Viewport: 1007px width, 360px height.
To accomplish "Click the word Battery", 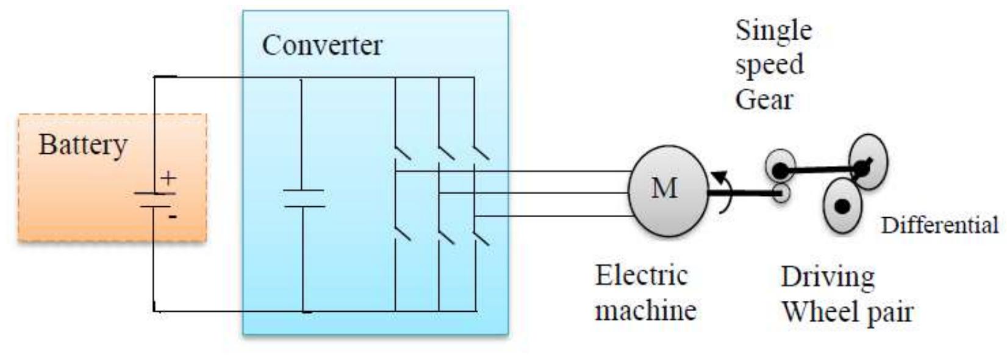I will (83, 145).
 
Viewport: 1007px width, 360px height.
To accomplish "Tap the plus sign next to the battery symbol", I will (168, 178).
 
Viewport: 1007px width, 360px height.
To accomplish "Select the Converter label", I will (321, 46).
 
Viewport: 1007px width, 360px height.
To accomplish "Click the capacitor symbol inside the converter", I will (303, 198).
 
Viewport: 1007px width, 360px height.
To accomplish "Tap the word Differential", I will (939, 225).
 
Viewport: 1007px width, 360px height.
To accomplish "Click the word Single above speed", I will (773, 31).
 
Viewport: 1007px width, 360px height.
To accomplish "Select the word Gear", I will (763, 100).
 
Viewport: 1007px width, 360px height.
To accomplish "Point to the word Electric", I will (640, 276).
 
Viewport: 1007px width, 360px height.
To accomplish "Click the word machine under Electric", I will (645, 311).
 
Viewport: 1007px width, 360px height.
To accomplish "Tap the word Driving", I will (827, 278).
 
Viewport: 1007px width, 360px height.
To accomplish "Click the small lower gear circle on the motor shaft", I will (781, 193).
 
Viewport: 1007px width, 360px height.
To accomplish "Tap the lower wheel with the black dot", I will (842, 206).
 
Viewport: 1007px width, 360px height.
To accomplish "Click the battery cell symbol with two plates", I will (154, 200).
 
